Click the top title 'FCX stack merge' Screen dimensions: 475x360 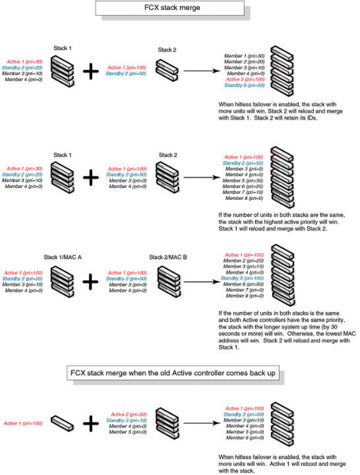(170, 8)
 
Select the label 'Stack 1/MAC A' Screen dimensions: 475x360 (62, 256)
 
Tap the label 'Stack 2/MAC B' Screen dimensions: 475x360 (167, 256)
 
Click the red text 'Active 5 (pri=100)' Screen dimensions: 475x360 (245, 79)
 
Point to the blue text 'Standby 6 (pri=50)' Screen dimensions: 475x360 (244, 85)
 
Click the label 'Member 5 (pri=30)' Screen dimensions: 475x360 (245, 180)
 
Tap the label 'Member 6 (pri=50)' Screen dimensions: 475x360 (245, 284)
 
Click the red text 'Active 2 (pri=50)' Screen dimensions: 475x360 (128, 414)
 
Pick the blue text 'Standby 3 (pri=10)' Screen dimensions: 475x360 (128, 420)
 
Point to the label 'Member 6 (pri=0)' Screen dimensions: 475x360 (245, 437)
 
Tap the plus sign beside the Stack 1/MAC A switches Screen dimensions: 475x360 (90, 282)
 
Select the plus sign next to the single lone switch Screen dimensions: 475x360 (90, 423)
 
